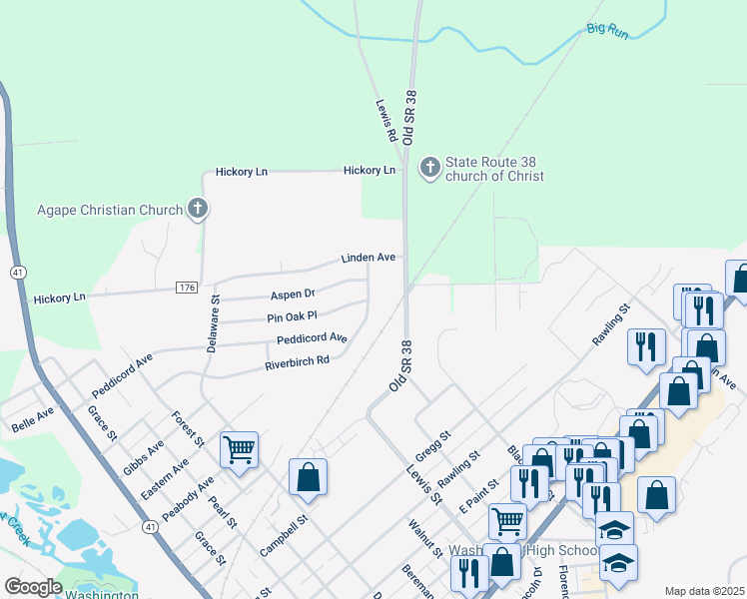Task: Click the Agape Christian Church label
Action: (110, 210)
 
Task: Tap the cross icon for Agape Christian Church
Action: (198, 210)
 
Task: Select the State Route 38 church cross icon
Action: (430, 168)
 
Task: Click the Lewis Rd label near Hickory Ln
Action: (387, 120)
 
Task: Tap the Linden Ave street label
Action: (369, 258)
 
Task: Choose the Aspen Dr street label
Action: (293, 295)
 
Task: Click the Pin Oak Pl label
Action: (292, 316)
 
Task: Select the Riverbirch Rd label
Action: (297, 361)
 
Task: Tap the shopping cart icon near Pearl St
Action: (240, 450)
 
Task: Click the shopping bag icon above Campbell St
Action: (309, 477)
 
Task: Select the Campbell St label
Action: (285, 534)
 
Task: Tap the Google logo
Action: (34, 587)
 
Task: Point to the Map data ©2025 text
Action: (704, 591)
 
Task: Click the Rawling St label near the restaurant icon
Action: (612, 325)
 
